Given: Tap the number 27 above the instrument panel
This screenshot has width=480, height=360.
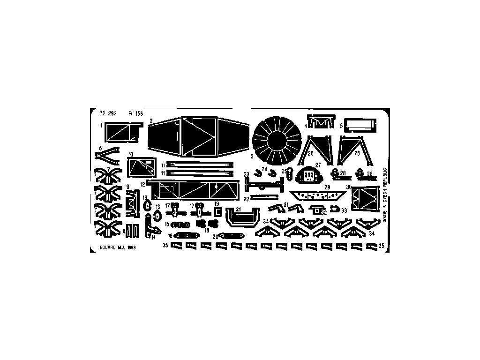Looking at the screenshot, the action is click(x=318, y=165).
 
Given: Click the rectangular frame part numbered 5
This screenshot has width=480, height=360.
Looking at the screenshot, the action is click(x=360, y=125).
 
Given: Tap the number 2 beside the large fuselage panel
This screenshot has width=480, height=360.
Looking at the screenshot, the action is click(x=151, y=121).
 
